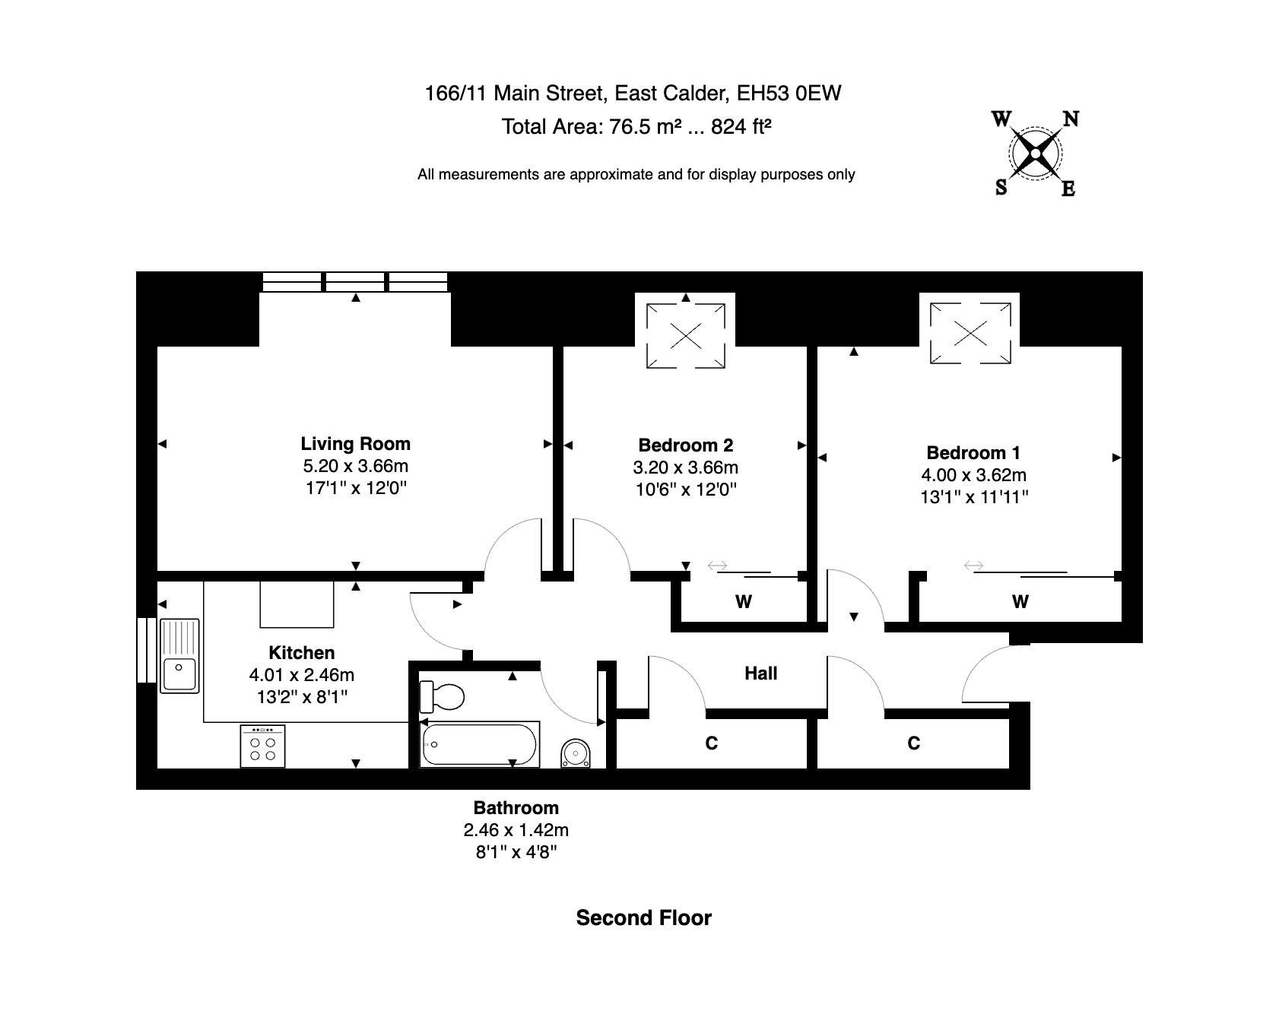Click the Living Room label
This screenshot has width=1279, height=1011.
pyautogui.click(x=355, y=444)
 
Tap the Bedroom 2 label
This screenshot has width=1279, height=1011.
pyautogui.click(x=685, y=445)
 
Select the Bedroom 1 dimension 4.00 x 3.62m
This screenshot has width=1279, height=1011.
pyautogui.click(x=973, y=475)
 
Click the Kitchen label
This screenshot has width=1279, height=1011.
pyautogui.click(x=302, y=653)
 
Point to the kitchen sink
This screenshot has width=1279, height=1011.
pyautogui.click(x=179, y=656)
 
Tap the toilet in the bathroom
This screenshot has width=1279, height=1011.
pyautogui.click(x=443, y=695)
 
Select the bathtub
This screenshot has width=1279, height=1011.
pyautogui.click(x=481, y=745)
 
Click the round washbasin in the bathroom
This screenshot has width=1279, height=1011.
pyautogui.click(x=576, y=753)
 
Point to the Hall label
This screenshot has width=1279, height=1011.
pyautogui.click(x=760, y=673)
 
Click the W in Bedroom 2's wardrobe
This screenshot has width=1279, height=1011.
pyautogui.click(x=744, y=603)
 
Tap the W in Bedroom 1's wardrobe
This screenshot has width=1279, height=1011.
pyautogui.click(x=1020, y=603)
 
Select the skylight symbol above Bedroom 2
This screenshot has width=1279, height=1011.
pyautogui.click(x=685, y=336)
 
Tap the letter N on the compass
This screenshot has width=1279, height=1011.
pyautogui.click(x=1071, y=119)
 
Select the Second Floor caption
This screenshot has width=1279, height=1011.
pyautogui.click(x=643, y=918)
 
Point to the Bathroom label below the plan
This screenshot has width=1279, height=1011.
pyautogui.click(x=516, y=808)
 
